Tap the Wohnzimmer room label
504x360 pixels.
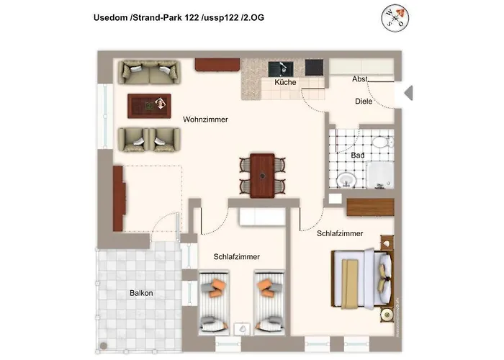[x=205, y=120]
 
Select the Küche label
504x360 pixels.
[x=285, y=84]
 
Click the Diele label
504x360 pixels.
[x=364, y=102]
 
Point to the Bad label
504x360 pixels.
[x=358, y=156]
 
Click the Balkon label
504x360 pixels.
[x=141, y=293]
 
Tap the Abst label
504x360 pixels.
[x=360, y=78]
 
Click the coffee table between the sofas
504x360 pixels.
[x=149, y=106]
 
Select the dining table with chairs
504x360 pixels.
[x=261, y=174]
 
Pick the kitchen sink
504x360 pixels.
[x=280, y=68]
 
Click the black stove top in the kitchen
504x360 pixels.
[x=315, y=67]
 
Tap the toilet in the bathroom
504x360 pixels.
[x=387, y=143]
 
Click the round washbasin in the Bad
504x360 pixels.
[x=347, y=179]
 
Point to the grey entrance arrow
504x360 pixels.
[x=407, y=93]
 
